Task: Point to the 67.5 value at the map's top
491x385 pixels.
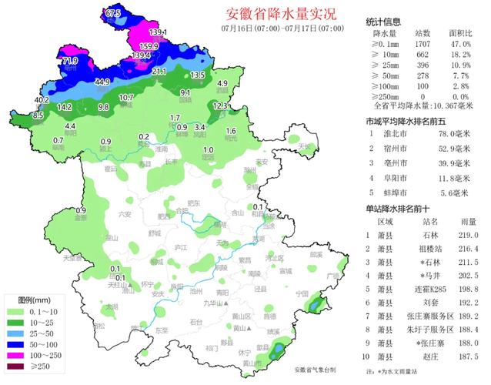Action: [114, 13]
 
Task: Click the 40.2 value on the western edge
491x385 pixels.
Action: [42, 100]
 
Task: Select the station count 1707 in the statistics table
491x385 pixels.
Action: [423, 45]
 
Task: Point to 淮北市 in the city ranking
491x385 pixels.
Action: [407, 134]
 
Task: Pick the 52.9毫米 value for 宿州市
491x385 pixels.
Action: [453, 148]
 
